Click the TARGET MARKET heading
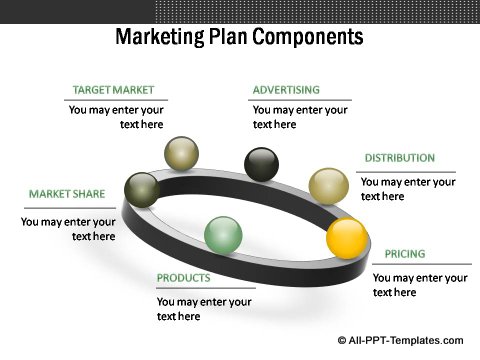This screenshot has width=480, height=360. pos(113,89)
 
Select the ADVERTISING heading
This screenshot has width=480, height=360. pos(286,89)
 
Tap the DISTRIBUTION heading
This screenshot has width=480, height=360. pos(399,158)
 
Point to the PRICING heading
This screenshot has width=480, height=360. pos(405,254)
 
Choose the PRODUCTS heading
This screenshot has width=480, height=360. pos(183,278)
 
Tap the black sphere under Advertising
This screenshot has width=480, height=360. pos(262,164)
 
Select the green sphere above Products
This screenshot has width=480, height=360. pos(223,235)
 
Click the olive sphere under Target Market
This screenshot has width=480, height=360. pos(181,153)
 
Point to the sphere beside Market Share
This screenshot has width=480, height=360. pos(141,188)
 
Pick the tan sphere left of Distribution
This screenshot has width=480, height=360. pos(327,185)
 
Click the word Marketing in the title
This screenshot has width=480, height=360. pos(157,38)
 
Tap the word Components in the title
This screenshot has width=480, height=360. pos(305,38)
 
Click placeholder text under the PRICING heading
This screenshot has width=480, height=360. pos(420,285)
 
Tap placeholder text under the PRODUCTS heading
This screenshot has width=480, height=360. pos(204,309)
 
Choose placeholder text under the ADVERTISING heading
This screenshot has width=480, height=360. pos(300,117)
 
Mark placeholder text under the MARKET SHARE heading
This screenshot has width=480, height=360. pos(68,229)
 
